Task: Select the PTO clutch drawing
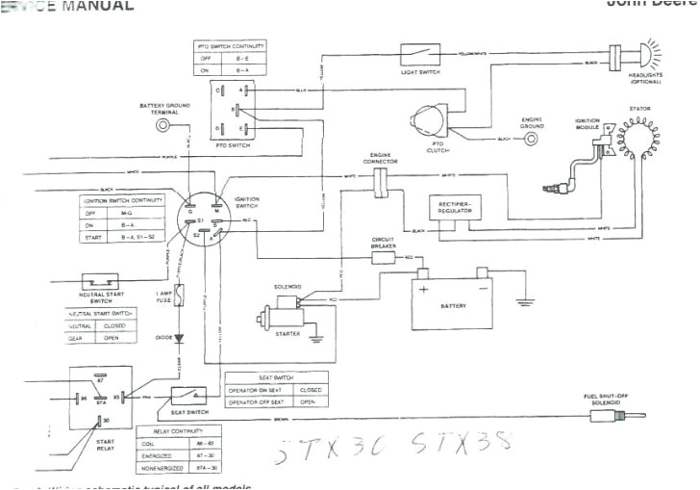point(428,122)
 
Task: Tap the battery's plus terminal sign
point(422,286)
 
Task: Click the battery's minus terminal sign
point(484,286)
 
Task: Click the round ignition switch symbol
point(204,217)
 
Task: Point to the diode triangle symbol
point(179,339)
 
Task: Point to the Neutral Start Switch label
point(100,297)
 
